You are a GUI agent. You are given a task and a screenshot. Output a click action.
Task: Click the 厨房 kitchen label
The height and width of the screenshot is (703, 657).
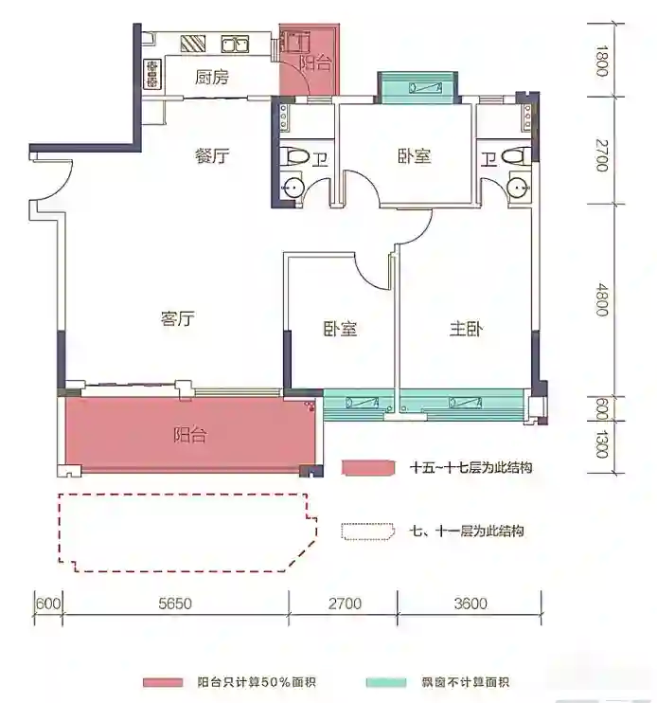tap(212, 77)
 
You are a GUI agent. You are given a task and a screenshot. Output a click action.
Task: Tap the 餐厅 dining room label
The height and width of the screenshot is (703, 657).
tap(212, 156)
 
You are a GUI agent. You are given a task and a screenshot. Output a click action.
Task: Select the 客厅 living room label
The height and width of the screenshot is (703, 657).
tap(177, 318)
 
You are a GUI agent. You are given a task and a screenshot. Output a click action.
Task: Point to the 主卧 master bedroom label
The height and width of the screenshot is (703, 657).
tap(466, 329)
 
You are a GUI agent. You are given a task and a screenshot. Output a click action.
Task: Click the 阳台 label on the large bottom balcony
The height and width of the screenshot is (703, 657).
tap(190, 435)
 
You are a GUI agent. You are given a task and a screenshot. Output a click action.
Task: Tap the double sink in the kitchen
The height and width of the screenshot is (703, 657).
tap(235, 45)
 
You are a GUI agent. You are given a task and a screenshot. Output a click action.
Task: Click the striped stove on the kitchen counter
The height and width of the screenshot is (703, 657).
tap(193, 43)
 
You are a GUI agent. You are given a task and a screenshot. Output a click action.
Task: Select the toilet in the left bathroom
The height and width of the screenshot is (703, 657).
tap(295, 157)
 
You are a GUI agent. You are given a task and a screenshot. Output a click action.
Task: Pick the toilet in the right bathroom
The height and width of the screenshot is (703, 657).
tap(515, 157)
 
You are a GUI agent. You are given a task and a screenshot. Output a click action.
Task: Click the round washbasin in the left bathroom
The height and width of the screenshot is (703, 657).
tap(293, 187)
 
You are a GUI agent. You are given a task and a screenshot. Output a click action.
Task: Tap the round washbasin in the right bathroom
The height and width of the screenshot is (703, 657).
tap(518, 187)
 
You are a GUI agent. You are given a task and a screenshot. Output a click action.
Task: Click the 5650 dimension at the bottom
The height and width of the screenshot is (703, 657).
tap(175, 604)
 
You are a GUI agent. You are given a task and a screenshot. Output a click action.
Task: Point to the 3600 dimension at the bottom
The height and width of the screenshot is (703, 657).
tap(471, 604)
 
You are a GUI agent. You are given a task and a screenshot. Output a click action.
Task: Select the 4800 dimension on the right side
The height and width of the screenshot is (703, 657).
tap(602, 299)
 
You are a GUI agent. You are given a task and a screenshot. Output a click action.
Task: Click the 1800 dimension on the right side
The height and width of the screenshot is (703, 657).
tap(602, 61)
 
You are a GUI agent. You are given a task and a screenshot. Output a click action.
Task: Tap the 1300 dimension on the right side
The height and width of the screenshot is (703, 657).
tap(602, 444)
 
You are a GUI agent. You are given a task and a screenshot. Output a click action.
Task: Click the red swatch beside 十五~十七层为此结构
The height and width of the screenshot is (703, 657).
tap(368, 468)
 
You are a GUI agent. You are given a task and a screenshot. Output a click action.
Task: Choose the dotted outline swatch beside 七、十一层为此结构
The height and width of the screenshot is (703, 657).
tap(368, 532)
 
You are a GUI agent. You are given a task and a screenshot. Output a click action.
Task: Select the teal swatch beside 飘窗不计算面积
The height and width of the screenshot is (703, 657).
tap(386, 682)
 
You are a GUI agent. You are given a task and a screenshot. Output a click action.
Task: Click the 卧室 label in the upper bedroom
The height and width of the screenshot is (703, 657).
tap(415, 156)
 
